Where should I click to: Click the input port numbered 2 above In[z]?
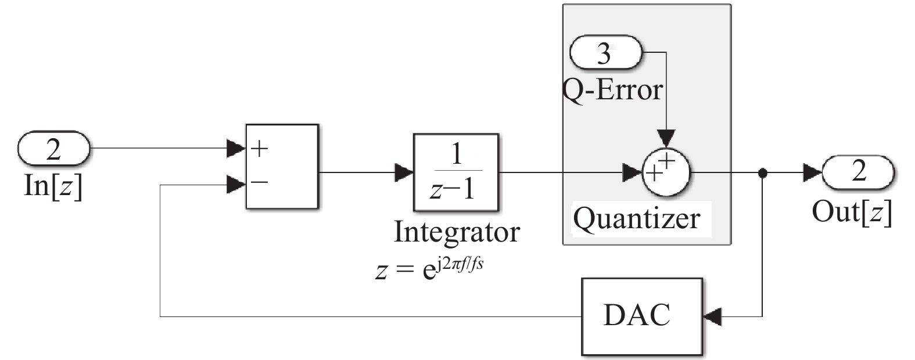(x=53, y=149)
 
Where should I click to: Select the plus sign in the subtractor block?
(x=259, y=149)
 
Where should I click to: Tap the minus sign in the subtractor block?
(x=259, y=182)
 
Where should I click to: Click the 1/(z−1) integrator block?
(x=455, y=172)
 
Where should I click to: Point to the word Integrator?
(x=457, y=231)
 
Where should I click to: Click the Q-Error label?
(x=613, y=90)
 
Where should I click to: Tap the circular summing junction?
(x=665, y=172)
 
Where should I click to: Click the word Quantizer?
(x=637, y=218)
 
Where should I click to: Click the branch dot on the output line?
(x=763, y=172)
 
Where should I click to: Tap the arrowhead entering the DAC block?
(x=712, y=316)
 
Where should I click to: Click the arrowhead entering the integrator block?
(x=404, y=172)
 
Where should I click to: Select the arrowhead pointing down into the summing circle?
(x=666, y=138)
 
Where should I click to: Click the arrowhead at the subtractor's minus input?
(x=236, y=185)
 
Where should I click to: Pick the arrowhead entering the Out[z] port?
(x=813, y=172)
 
